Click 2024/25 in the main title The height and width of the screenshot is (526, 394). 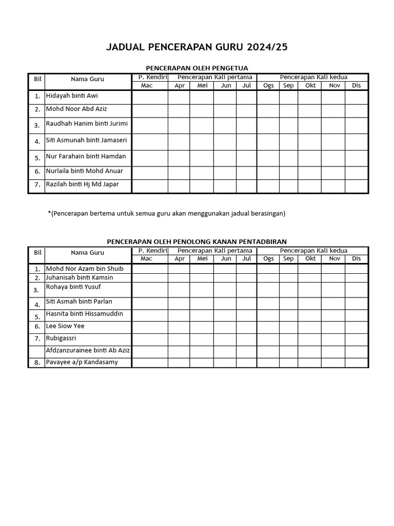(267, 47)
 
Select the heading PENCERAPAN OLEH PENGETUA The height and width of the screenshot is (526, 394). (197, 68)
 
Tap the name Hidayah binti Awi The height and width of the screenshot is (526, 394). (72, 96)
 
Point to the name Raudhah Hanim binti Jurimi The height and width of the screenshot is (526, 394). (87, 123)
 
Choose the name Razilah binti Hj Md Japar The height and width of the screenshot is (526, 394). (82, 184)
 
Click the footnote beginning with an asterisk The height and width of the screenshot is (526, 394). (166, 213)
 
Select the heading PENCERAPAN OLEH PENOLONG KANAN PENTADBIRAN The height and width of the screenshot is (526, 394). (197, 241)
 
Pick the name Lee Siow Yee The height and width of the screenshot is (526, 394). (65, 326)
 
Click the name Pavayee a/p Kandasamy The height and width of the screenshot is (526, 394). (82, 362)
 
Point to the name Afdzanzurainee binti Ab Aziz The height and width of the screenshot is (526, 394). (88, 350)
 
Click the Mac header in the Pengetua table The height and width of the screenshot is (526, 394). (147, 85)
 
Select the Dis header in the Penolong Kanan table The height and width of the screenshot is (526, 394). (356, 258)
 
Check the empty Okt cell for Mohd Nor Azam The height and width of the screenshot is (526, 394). (309, 269)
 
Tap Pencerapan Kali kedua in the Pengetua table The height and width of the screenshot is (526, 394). (313, 77)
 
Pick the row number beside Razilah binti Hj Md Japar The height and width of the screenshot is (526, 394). (37, 185)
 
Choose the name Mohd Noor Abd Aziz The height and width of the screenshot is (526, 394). (76, 109)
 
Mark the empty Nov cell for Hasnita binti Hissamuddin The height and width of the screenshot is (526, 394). (333, 315)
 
